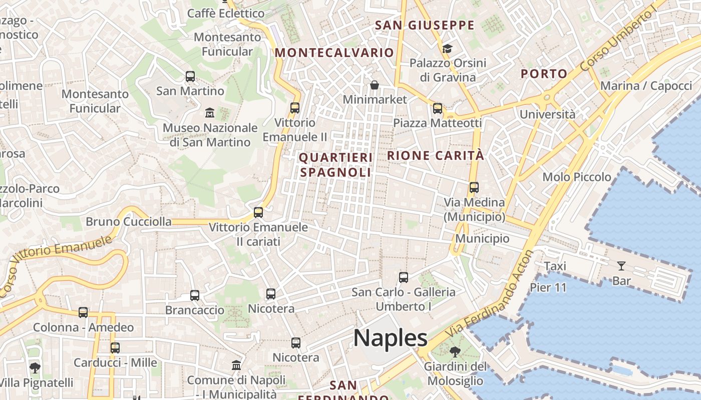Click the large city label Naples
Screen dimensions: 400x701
click(390, 338)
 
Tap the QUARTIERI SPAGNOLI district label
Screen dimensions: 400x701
click(335, 165)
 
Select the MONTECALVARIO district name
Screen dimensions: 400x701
click(334, 52)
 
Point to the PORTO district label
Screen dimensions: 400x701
click(544, 74)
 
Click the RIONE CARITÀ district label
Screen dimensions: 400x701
click(436, 155)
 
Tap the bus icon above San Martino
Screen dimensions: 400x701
click(190, 76)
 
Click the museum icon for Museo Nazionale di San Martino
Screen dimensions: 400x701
click(210, 113)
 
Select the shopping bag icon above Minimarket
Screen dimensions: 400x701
click(375, 85)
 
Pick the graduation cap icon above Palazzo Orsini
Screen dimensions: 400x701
click(447, 48)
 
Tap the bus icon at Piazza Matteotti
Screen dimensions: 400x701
click(438, 108)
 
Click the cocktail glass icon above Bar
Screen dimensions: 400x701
click(621, 266)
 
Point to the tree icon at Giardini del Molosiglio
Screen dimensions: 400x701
click(455, 351)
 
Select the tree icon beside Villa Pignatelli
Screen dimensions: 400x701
click(35, 368)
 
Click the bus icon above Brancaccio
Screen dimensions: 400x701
click(195, 295)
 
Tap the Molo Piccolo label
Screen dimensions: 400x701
click(577, 177)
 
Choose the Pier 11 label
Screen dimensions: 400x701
click(548, 287)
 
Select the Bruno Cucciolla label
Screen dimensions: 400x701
click(129, 221)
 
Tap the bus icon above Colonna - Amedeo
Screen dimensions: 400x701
click(83, 312)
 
